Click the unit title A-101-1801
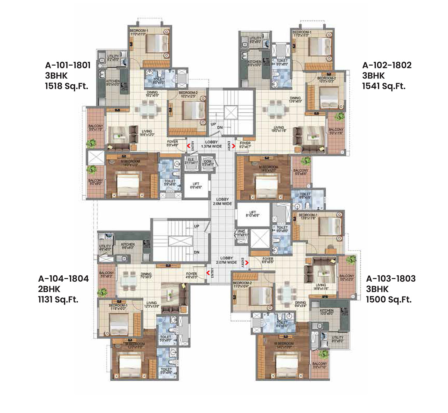click(68, 65)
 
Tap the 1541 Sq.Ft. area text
click(384, 86)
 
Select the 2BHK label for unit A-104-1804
click(49, 289)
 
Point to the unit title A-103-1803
click(391, 278)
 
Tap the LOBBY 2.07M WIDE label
click(226, 260)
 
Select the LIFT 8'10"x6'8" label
click(253, 213)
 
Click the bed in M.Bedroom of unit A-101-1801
click(129, 183)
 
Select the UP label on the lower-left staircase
click(196, 226)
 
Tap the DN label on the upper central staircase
click(220, 128)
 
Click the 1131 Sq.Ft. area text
click(58, 299)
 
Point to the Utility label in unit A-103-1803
click(337, 339)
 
